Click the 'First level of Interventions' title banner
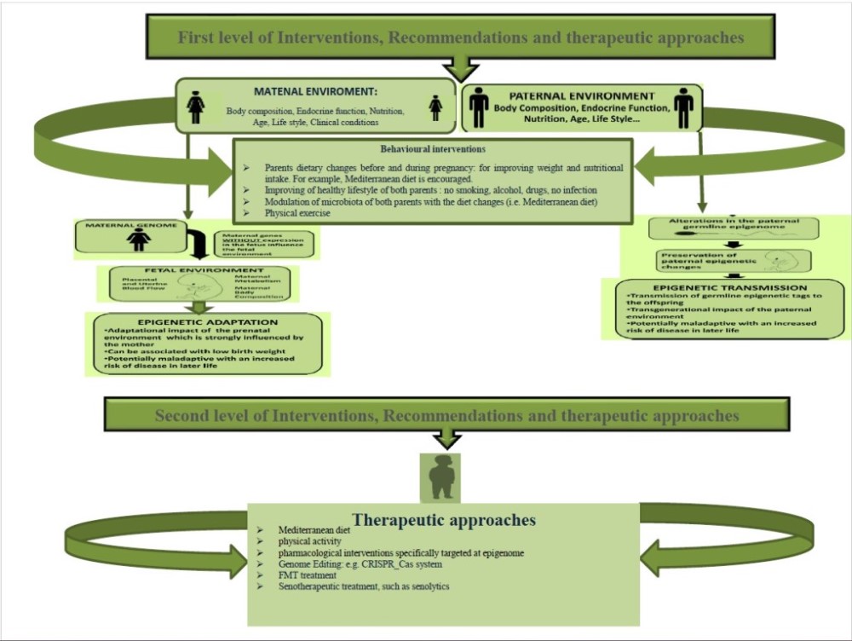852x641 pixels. pos(460,38)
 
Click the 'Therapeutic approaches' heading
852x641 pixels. pos(444,519)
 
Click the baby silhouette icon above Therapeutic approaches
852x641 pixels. pos(440,477)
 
